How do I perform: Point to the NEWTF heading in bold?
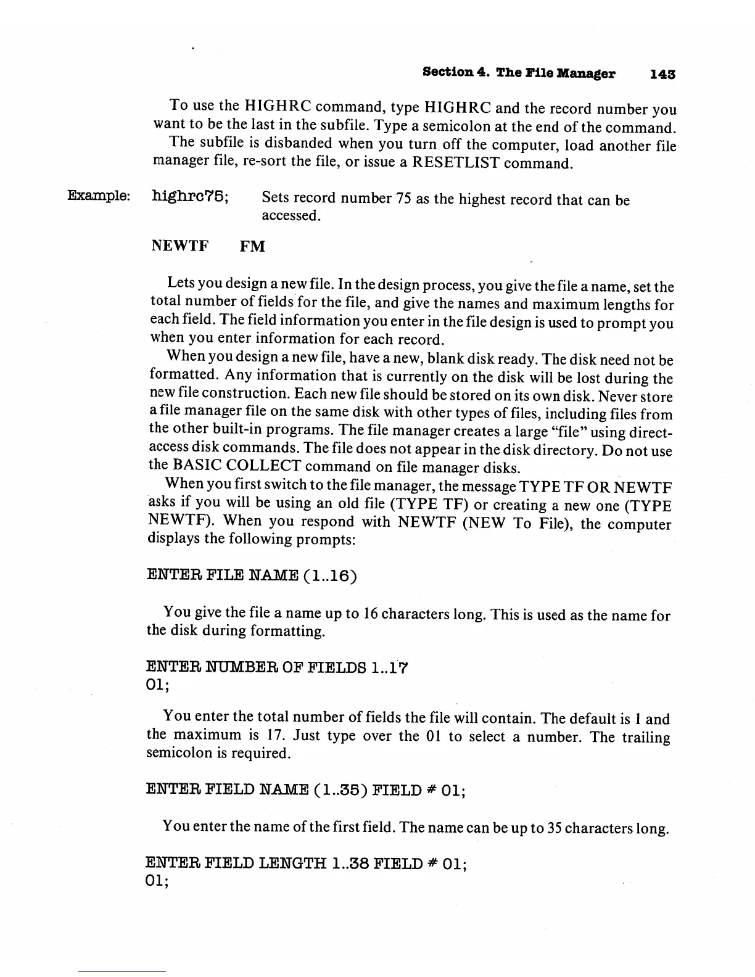click(179, 247)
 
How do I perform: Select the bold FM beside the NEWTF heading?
click(252, 247)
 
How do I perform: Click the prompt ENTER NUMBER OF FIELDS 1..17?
click(278, 668)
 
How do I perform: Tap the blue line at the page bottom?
click(122, 971)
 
